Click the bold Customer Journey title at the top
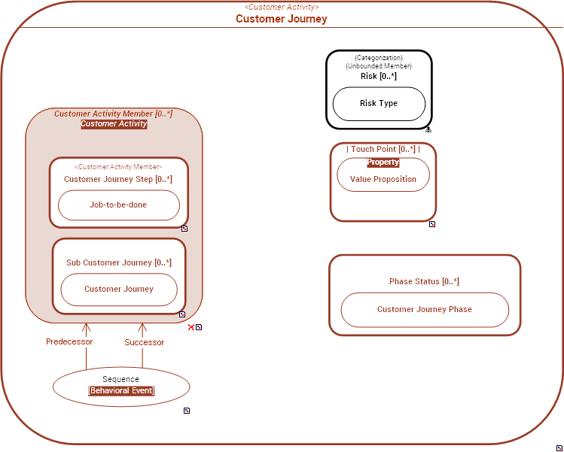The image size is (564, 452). pos(281,19)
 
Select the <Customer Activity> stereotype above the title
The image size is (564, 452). pos(281,8)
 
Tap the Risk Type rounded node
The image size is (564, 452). pos(379,104)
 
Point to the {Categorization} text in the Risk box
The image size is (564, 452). pos(379,58)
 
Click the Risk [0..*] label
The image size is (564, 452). pos(379,76)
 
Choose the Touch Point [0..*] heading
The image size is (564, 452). pos(383,150)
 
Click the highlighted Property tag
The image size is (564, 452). pos(383,162)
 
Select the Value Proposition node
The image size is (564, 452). pos(383,179)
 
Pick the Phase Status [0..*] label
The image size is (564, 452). pos(424,281)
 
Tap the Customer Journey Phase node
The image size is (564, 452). pos(425,309)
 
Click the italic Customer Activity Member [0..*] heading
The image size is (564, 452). pos(114,114)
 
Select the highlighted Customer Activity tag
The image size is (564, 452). pos(114,124)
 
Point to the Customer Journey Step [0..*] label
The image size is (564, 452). pos(118,179)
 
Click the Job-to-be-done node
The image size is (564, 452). pos(118,205)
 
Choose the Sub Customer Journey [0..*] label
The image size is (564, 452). pos(119,262)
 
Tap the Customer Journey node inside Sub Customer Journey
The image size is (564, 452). pos(119,289)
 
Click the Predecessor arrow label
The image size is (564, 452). pos(69,341)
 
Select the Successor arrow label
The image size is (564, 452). pos(144,342)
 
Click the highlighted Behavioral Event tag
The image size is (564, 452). pos(121,391)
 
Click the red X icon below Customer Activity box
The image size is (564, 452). pos(191,327)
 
